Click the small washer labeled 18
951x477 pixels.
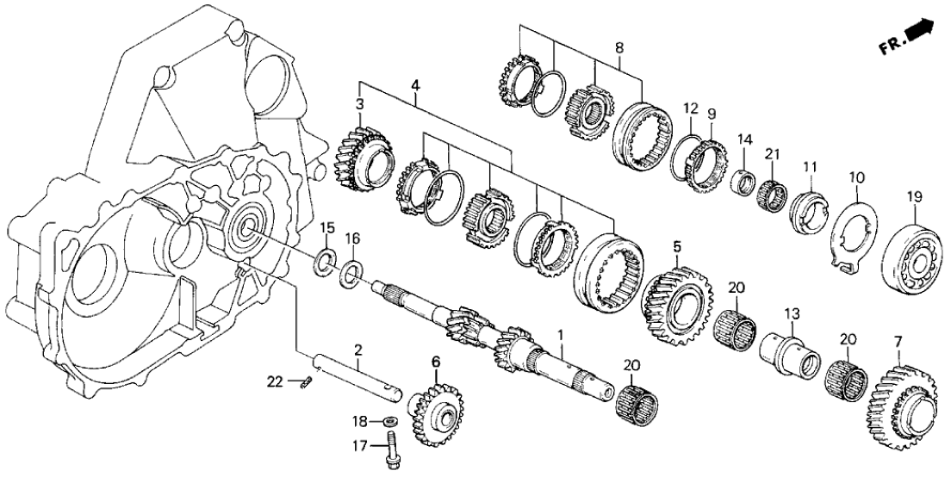point(388,422)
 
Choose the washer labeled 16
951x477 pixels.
point(351,275)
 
